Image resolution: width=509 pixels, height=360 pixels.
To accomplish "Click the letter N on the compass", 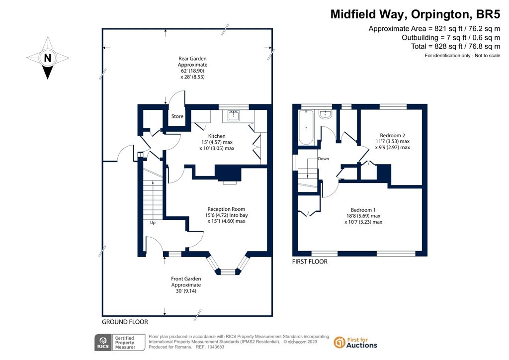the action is (x=48, y=58).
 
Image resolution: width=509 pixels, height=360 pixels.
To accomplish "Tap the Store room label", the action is (x=177, y=116).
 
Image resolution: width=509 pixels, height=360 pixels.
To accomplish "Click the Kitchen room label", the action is (x=217, y=136).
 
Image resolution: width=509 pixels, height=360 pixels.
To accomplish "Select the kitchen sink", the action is (x=234, y=115).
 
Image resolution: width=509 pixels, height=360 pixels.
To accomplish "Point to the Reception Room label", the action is (x=226, y=209).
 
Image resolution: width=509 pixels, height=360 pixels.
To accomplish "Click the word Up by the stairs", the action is (x=153, y=223).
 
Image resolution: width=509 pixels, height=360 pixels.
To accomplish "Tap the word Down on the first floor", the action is (x=323, y=159).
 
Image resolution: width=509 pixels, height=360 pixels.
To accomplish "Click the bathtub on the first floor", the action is (x=306, y=127).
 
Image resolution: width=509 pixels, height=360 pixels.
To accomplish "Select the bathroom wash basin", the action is (x=325, y=114).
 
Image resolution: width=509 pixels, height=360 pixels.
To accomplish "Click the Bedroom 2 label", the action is (x=393, y=135).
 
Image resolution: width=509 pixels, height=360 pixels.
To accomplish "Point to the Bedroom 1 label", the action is (x=363, y=210).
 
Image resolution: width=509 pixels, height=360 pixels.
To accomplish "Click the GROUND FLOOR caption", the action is (x=125, y=322).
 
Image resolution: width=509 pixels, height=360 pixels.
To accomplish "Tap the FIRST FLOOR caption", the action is (x=310, y=262).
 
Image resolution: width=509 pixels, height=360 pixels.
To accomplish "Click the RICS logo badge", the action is (x=103, y=343).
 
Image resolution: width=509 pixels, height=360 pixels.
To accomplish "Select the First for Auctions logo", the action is (x=355, y=343).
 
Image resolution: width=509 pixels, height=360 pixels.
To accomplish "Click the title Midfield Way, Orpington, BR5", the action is (x=415, y=14).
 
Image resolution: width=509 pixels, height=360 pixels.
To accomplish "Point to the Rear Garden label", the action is (x=192, y=59).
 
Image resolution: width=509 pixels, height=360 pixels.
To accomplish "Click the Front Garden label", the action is (x=186, y=279).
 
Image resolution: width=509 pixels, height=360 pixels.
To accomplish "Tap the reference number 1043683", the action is (x=215, y=347).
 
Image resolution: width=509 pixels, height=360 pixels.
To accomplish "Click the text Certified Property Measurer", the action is (x=125, y=343).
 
